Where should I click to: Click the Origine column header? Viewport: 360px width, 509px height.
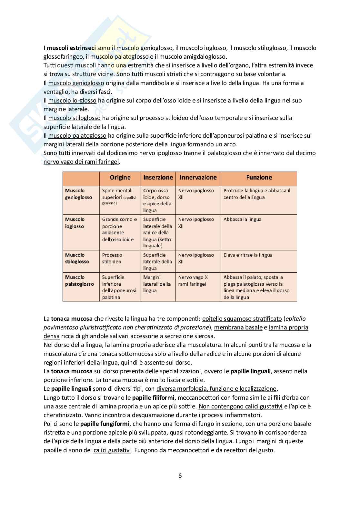[120, 178]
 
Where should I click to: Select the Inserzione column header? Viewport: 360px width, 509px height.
[158, 178]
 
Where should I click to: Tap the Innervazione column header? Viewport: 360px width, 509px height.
[198, 178]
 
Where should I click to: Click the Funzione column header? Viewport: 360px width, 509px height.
[259, 178]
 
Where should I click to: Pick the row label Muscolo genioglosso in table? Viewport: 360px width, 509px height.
[78, 194]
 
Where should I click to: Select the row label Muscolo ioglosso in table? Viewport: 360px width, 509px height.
[75, 223]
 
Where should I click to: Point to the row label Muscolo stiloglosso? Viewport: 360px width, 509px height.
[77, 258]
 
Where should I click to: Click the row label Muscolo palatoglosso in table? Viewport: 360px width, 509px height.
[79, 280]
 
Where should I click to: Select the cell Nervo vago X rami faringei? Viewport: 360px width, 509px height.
[193, 280]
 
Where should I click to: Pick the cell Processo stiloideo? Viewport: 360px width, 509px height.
[112, 258]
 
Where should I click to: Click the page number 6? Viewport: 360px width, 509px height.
[180, 475]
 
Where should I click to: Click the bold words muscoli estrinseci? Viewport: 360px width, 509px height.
[71, 48]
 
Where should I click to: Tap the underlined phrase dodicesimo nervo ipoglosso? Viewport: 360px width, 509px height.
[144, 153]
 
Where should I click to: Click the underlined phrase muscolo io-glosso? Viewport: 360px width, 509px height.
[72, 101]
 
